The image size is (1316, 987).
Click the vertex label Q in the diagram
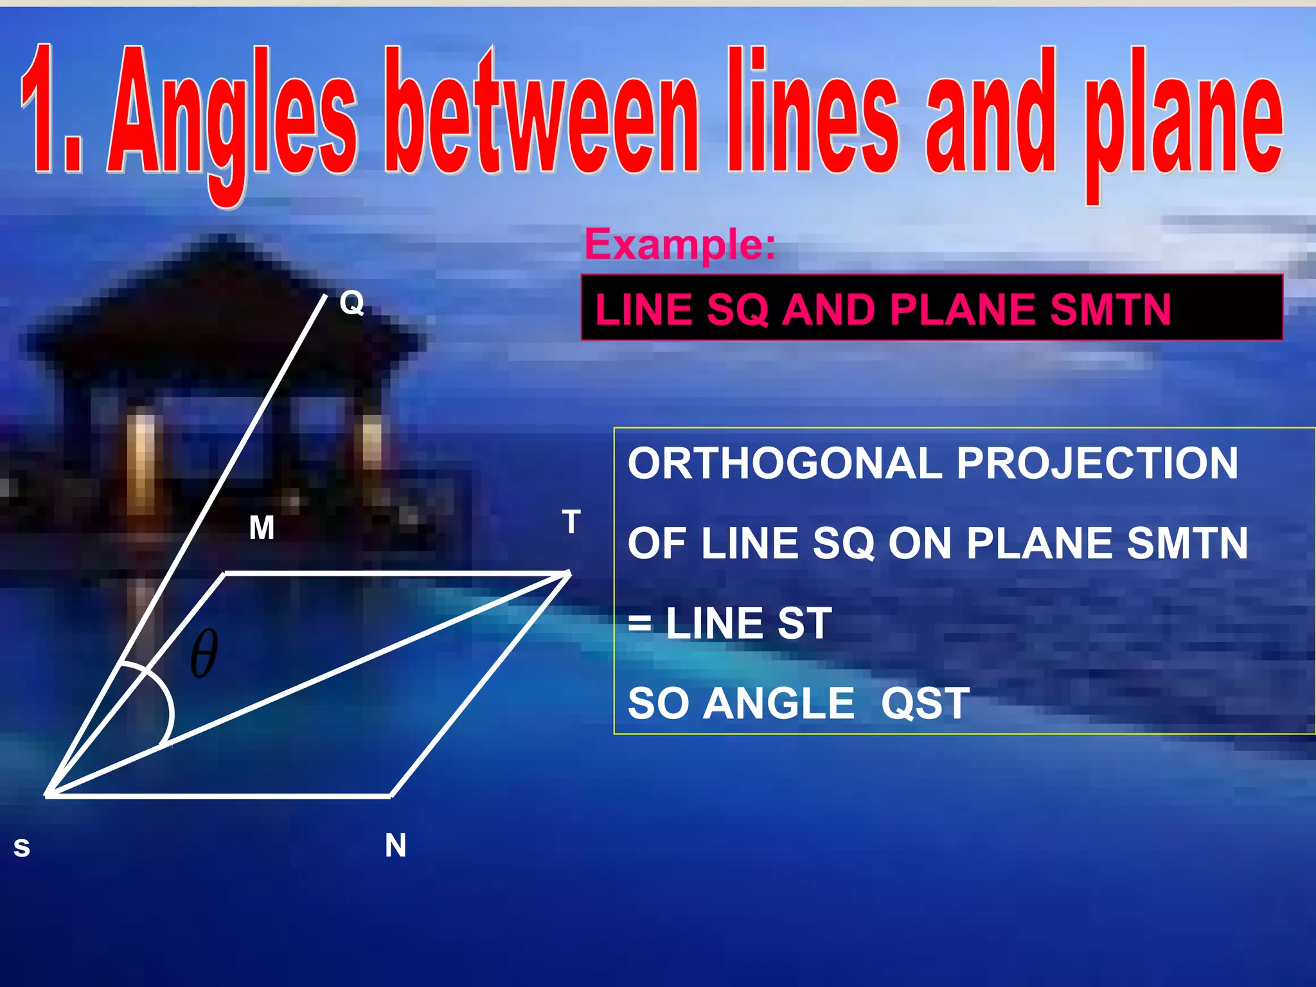(x=351, y=302)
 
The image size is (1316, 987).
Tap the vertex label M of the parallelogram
(x=262, y=528)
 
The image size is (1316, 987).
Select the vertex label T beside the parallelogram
(x=571, y=522)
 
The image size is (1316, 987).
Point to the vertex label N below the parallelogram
(x=395, y=845)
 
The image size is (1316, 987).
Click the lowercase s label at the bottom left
(x=22, y=848)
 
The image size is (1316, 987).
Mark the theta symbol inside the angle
(x=204, y=654)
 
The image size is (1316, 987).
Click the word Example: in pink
(x=680, y=244)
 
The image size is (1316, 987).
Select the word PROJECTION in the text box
(x=1097, y=463)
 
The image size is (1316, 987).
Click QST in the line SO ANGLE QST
(x=925, y=704)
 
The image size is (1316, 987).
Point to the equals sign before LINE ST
(x=639, y=623)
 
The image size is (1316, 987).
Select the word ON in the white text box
(x=920, y=544)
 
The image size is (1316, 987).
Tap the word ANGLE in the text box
(x=779, y=704)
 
